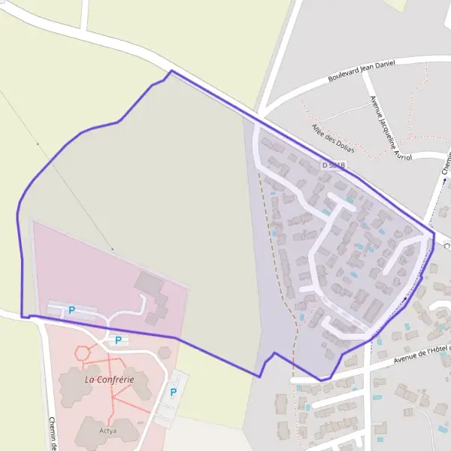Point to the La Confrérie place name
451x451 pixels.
[x=109, y=380]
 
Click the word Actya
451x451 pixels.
[x=107, y=431]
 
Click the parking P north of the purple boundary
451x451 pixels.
[x=72, y=310]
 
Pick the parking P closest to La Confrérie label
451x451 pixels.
[x=117, y=341]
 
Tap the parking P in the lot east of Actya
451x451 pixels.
[x=174, y=392]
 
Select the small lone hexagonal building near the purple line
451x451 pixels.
[x=164, y=353]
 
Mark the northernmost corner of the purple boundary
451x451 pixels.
[x=171, y=71]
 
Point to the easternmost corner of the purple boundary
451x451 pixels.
[x=434, y=235]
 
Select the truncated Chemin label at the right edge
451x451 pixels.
[x=446, y=165]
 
